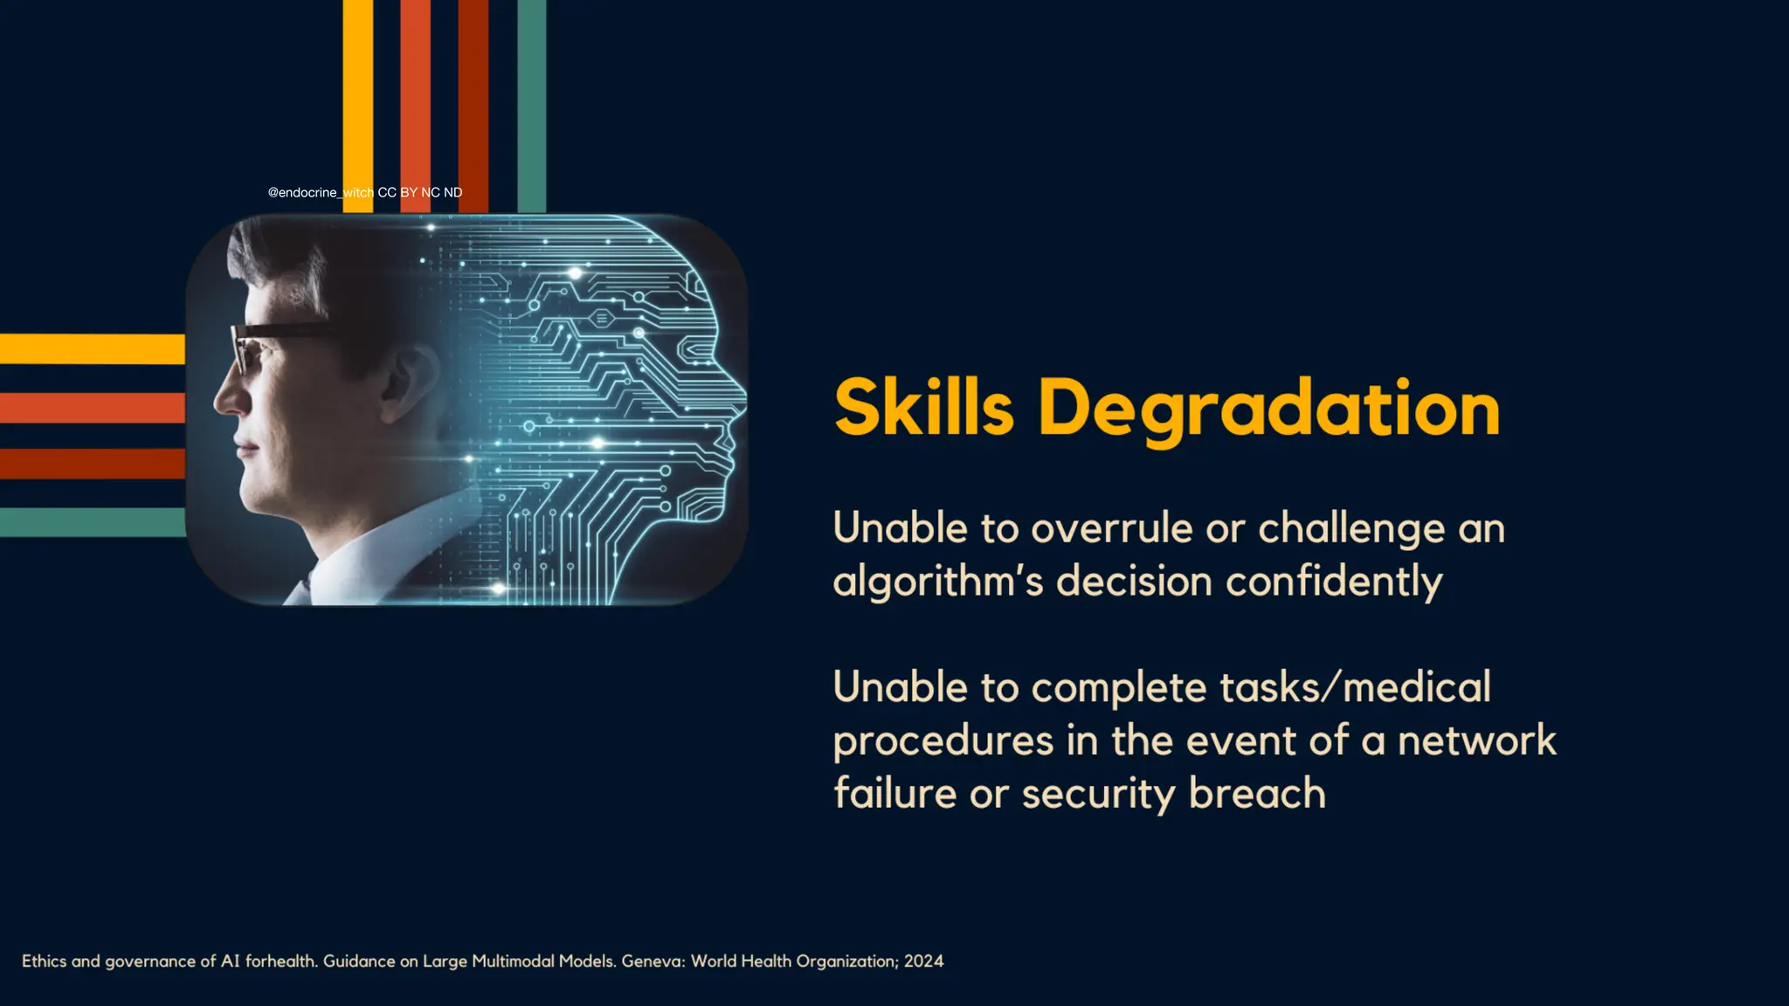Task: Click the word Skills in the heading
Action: click(x=923, y=408)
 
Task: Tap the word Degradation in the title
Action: click(x=1269, y=410)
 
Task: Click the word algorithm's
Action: click(x=937, y=582)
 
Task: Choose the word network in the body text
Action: click(x=1476, y=741)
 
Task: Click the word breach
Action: click(x=1257, y=794)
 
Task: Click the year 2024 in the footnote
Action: click(x=923, y=961)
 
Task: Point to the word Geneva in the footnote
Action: click(x=653, y=961)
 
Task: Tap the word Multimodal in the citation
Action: click(x=513, y=961)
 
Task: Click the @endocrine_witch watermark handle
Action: click(x=321, y=192)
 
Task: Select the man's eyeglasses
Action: click(x=262, y=346)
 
